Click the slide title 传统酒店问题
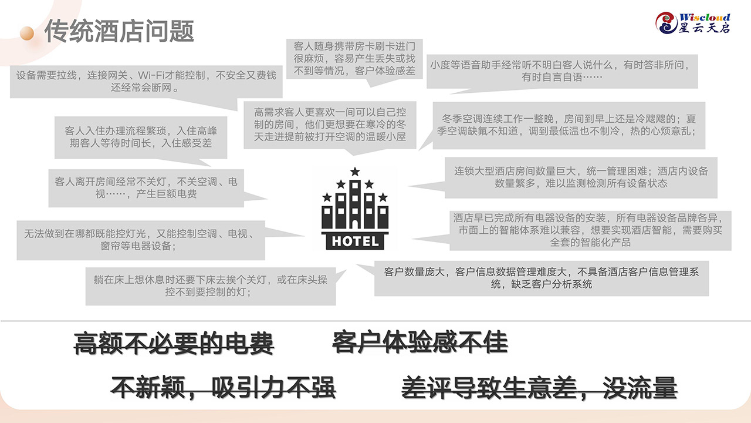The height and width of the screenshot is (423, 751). pos(119,31)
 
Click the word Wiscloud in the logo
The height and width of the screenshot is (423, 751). pos(704,16)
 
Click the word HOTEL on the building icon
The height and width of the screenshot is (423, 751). pos(356,241)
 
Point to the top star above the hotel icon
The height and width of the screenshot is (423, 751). pos(355,172)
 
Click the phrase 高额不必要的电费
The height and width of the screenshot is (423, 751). pos(174,343)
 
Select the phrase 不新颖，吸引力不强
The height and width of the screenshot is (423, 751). pos(224,387)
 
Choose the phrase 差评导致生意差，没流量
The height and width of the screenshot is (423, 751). pos(539,387)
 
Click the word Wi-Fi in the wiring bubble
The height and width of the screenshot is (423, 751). pos(154,76)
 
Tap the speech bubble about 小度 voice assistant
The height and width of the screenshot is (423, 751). pos(563,70)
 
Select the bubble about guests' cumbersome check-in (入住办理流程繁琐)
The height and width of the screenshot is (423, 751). pos(141,137)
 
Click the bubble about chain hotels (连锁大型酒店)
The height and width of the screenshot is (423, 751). pos(581,177)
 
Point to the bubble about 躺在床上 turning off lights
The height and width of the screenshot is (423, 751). pos(211,286)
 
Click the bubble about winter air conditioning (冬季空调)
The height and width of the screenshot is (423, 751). pos(569,125)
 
